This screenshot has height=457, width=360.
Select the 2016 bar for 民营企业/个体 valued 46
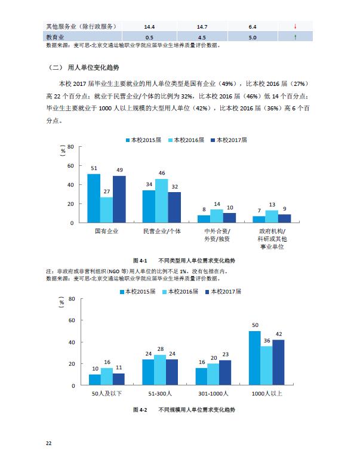click(161, 200)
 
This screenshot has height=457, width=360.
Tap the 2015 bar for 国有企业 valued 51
click(94, 198)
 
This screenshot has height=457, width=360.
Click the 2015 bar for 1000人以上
click(255, 358)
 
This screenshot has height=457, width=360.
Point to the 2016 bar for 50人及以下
click(107, 376)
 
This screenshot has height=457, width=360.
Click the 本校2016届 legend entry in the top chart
click(186, 140)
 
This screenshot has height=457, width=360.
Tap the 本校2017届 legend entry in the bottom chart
click(224, 292)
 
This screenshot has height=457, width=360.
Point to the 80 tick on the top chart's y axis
click(70, 146)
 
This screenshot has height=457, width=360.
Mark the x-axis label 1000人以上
click(267, 394)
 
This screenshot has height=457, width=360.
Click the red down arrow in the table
click(295, 27)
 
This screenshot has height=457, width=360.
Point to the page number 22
click(49, 443)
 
